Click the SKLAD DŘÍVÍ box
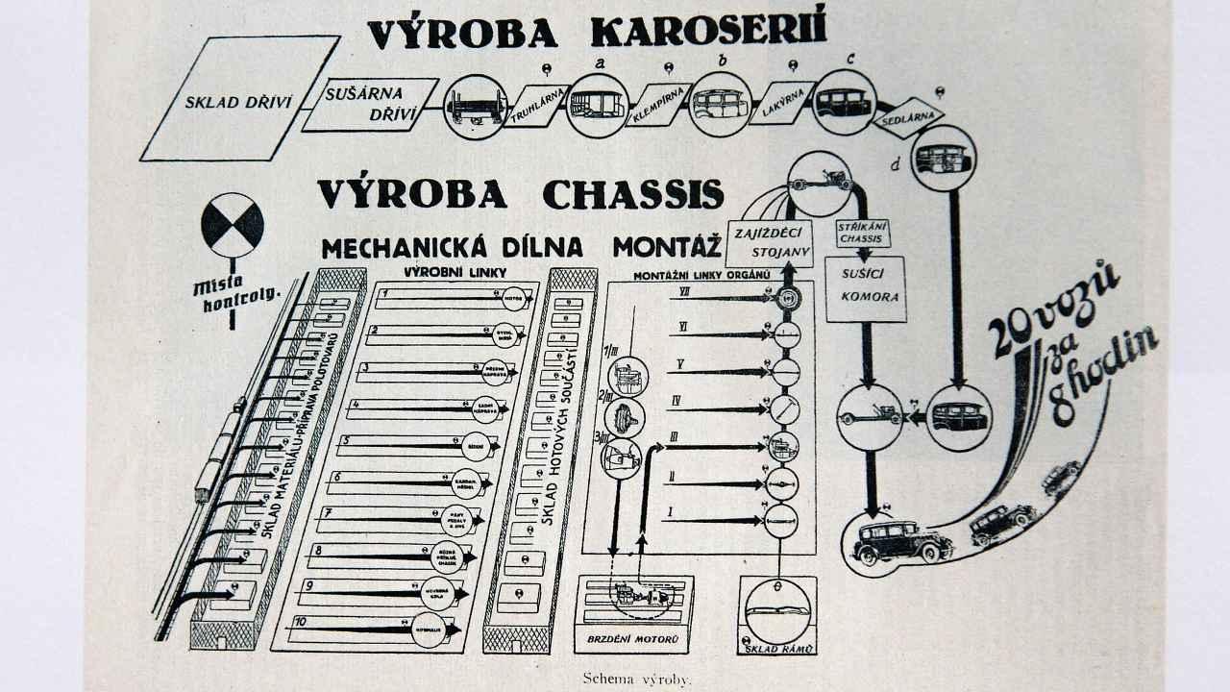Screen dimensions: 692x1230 coord(239,99)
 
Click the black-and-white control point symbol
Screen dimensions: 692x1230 coord(232,225)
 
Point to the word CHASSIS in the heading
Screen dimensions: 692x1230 coord(632,193)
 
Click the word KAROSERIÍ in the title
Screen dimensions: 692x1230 coord(708,32)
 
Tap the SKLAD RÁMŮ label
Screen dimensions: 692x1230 coord(778,649)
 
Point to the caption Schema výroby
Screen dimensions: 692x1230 coord(636,679)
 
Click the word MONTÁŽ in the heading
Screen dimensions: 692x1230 coord(667,247)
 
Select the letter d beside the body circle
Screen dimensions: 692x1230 coord(896,164)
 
